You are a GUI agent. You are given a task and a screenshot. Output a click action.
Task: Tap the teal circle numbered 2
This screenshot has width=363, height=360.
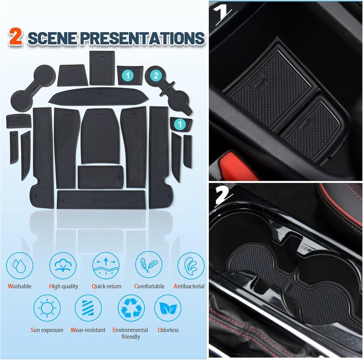pos(156,76)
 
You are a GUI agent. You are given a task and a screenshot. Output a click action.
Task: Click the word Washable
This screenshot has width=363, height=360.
pos(20,286)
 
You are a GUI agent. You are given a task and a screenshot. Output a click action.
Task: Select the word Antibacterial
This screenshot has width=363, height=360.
pos(189,286)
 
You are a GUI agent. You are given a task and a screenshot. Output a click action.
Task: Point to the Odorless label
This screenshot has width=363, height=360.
pos(168,330)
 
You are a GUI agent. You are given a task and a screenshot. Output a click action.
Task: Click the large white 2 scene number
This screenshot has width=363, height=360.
pos(223,196)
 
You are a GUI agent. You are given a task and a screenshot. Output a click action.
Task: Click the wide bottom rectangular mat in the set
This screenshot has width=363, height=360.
pos(101,199)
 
